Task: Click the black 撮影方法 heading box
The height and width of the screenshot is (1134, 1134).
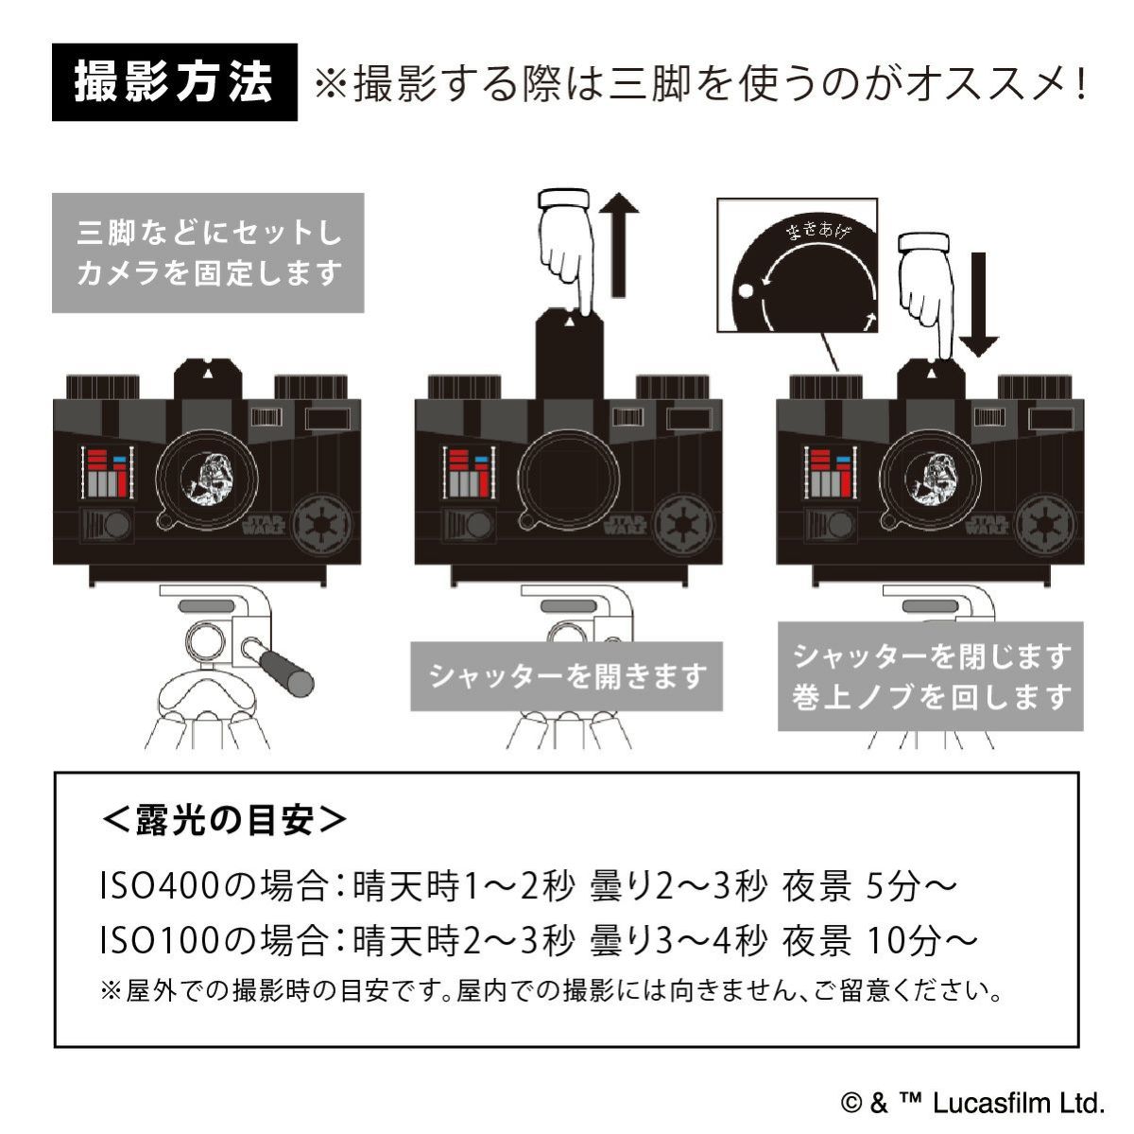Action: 174,82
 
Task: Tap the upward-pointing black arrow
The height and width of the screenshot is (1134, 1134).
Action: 620,242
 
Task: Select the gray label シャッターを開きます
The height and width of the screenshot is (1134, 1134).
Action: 566,676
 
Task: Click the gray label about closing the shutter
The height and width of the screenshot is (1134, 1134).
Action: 931,675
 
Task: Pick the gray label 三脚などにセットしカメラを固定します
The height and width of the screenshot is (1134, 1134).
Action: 208,253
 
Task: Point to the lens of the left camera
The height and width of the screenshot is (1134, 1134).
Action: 207,478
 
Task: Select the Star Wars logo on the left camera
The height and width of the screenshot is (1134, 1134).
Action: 264,524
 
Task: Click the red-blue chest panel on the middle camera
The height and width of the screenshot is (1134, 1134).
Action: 467,473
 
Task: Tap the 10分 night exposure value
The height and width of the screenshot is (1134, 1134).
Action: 902,940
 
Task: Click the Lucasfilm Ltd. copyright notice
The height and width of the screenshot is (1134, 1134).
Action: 972,1103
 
